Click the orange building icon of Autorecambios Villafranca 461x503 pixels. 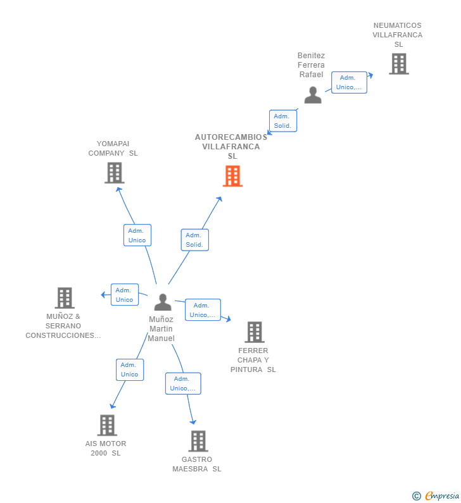(233, 176)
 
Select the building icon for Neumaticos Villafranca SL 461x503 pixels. (399, 64)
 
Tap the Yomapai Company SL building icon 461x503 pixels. (115, 173)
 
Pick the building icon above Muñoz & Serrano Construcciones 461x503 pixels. (65, 298)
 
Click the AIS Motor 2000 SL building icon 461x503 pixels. (107, 425)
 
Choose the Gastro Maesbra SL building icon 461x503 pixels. (198, 441)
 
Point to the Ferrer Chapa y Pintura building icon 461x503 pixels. (255, 332)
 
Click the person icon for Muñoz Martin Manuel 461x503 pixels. (163, 302)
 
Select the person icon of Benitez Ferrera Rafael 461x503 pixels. (313, 95)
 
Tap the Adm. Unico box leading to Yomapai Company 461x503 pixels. (137, 235)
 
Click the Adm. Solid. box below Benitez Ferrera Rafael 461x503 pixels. (283, 121)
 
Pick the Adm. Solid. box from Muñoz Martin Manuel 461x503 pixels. (195, 240)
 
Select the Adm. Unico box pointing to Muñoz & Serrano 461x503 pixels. (125, 294)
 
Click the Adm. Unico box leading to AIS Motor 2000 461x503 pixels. (130, 369)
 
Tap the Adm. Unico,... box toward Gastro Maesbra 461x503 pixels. (183, 383)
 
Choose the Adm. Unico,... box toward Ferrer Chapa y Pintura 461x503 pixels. (203, 310)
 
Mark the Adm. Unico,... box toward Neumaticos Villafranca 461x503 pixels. (349, 82)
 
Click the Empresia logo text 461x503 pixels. (442, 495)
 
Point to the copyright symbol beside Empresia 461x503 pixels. (417, 496)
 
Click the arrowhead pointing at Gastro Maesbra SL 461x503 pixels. (193, 421)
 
